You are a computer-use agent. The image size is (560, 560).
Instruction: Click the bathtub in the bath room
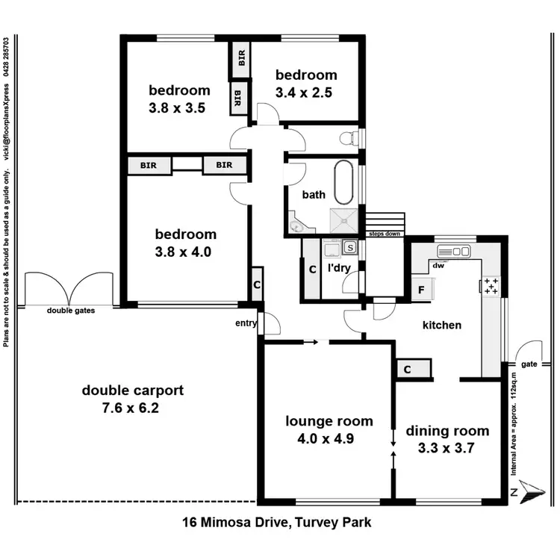tap(343, 184)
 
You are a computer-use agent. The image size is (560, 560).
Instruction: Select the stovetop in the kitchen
tap(491, 287)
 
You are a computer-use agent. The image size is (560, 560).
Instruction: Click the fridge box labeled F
tap(421, 289)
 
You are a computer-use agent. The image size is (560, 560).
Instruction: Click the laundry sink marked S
tap(349, 247)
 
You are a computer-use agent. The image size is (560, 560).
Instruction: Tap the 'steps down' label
tap(384, 234)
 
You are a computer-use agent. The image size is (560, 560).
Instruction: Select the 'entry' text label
tap(246, 323)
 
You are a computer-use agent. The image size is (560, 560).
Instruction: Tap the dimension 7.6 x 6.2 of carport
tap(132, 408)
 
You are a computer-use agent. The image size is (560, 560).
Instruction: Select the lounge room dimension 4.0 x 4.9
tap(329, 438)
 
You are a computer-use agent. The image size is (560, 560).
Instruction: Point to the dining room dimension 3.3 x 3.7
tap(447, 448)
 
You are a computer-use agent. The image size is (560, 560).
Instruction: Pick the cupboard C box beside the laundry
tap(311, 269)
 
